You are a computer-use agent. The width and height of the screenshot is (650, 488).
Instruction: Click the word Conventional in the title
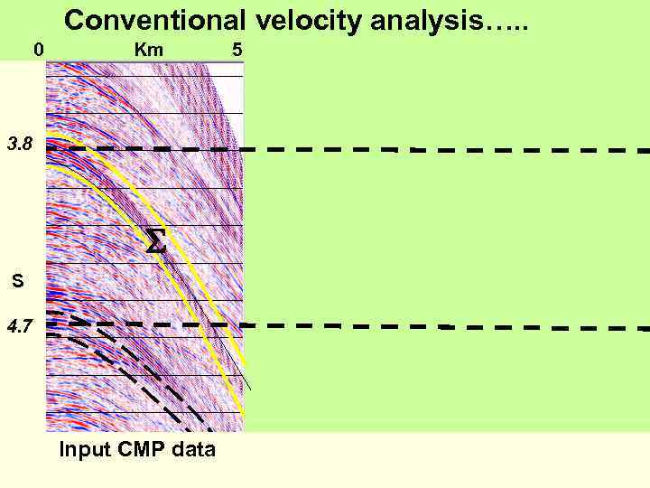click(x=153, y=19)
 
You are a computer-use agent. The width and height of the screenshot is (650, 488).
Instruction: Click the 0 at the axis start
click(x=38, y=50)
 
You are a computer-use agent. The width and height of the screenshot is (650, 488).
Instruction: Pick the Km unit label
click(x=149, y=50)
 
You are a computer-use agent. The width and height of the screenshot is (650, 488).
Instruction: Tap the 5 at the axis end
click(x=237, y=50)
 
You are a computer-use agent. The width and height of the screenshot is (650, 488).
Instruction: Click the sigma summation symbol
click(x=155, y=241)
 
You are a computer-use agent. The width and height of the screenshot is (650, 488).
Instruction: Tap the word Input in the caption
click(x=84, y=448)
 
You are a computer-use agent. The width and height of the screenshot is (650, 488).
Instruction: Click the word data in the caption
click(x=193, y=448)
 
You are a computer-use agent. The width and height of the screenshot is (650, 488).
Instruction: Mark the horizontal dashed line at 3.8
click(x=433, y=149)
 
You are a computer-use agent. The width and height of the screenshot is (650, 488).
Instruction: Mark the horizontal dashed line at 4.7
click(x=433, y=324)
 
